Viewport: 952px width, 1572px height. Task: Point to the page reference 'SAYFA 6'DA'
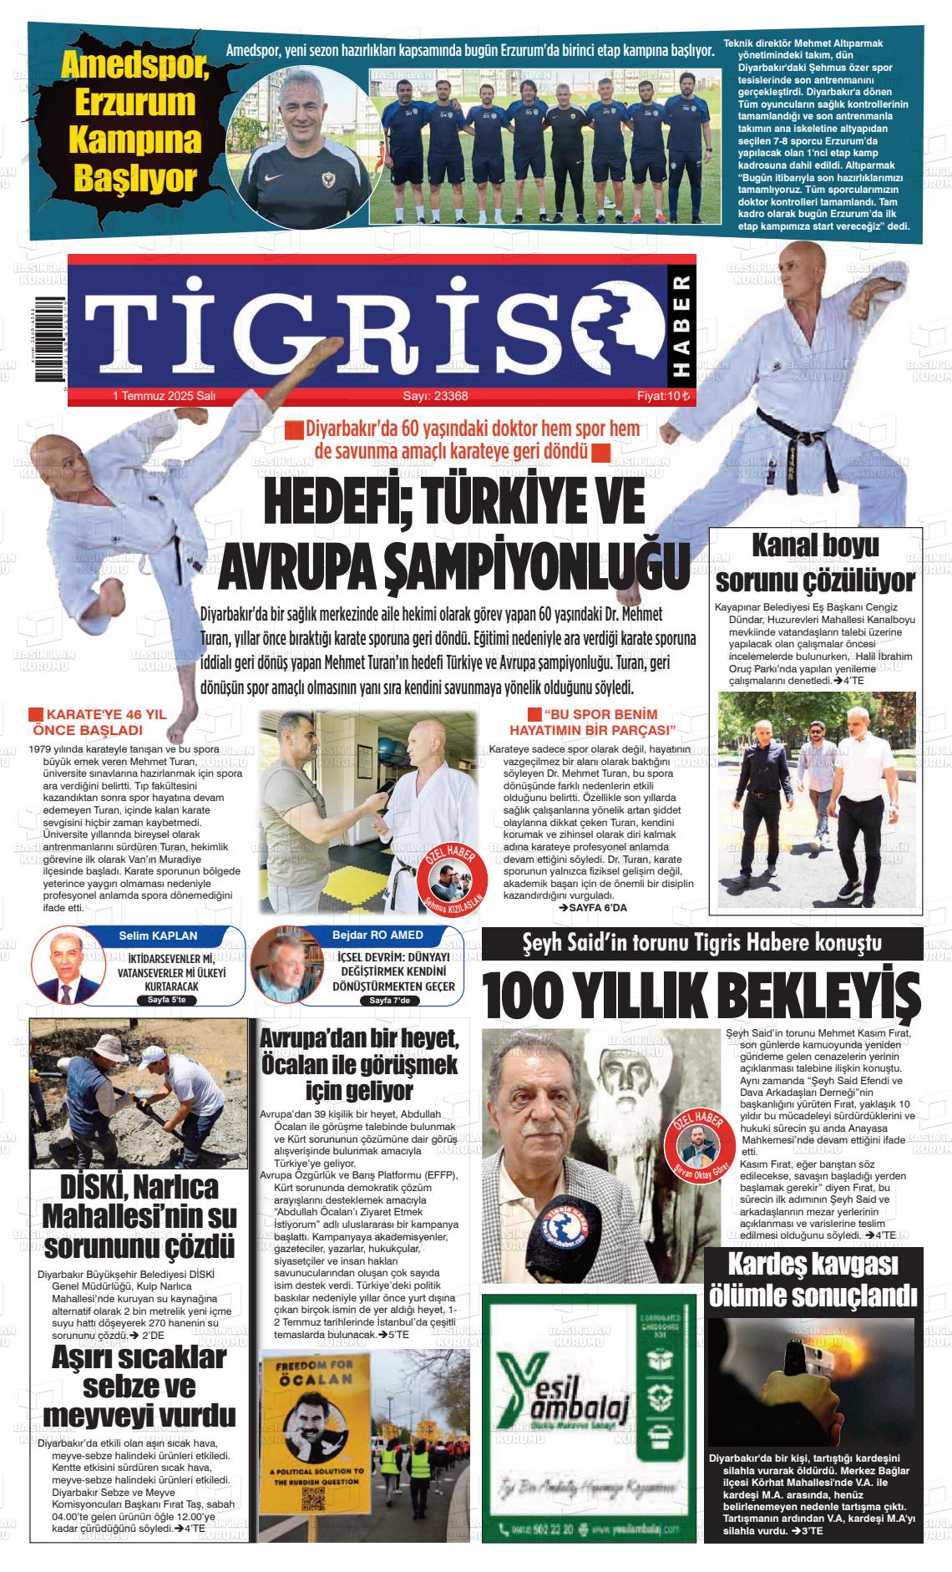tap(592, 907)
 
